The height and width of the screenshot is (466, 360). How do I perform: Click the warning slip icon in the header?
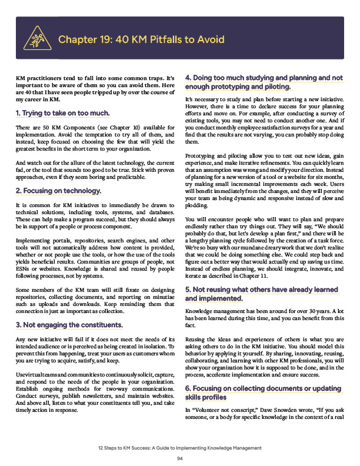pos(36,39)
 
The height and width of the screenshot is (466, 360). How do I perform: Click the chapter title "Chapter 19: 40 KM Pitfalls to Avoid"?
pos(141,40)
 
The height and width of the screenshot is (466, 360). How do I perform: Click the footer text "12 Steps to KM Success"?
pos(129,448)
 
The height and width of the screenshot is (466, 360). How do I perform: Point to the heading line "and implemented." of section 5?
pos(214,298)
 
